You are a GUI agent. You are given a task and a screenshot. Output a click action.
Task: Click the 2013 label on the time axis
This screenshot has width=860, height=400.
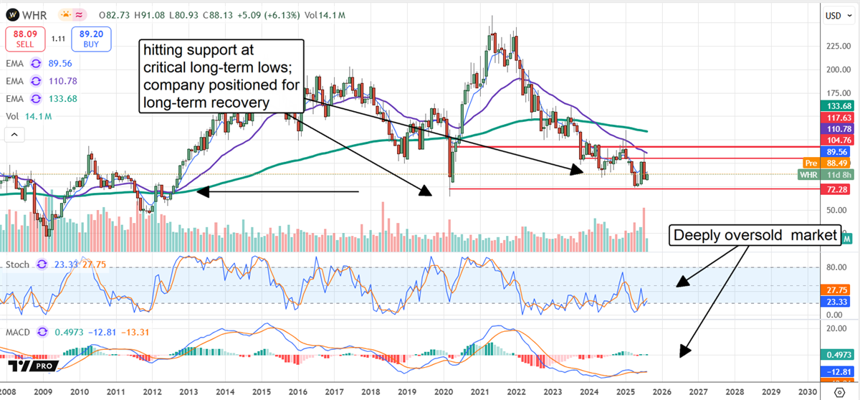pos(188,393)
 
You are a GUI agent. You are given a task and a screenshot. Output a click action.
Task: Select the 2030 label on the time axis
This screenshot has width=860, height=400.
pos(808,393)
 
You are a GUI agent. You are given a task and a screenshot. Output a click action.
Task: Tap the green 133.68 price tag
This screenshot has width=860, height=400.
pos(836,105)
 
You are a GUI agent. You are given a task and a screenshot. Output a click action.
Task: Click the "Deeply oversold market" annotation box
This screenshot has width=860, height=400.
pos(753,235)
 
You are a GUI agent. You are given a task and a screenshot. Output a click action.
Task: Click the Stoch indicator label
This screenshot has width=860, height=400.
pos(19,265)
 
